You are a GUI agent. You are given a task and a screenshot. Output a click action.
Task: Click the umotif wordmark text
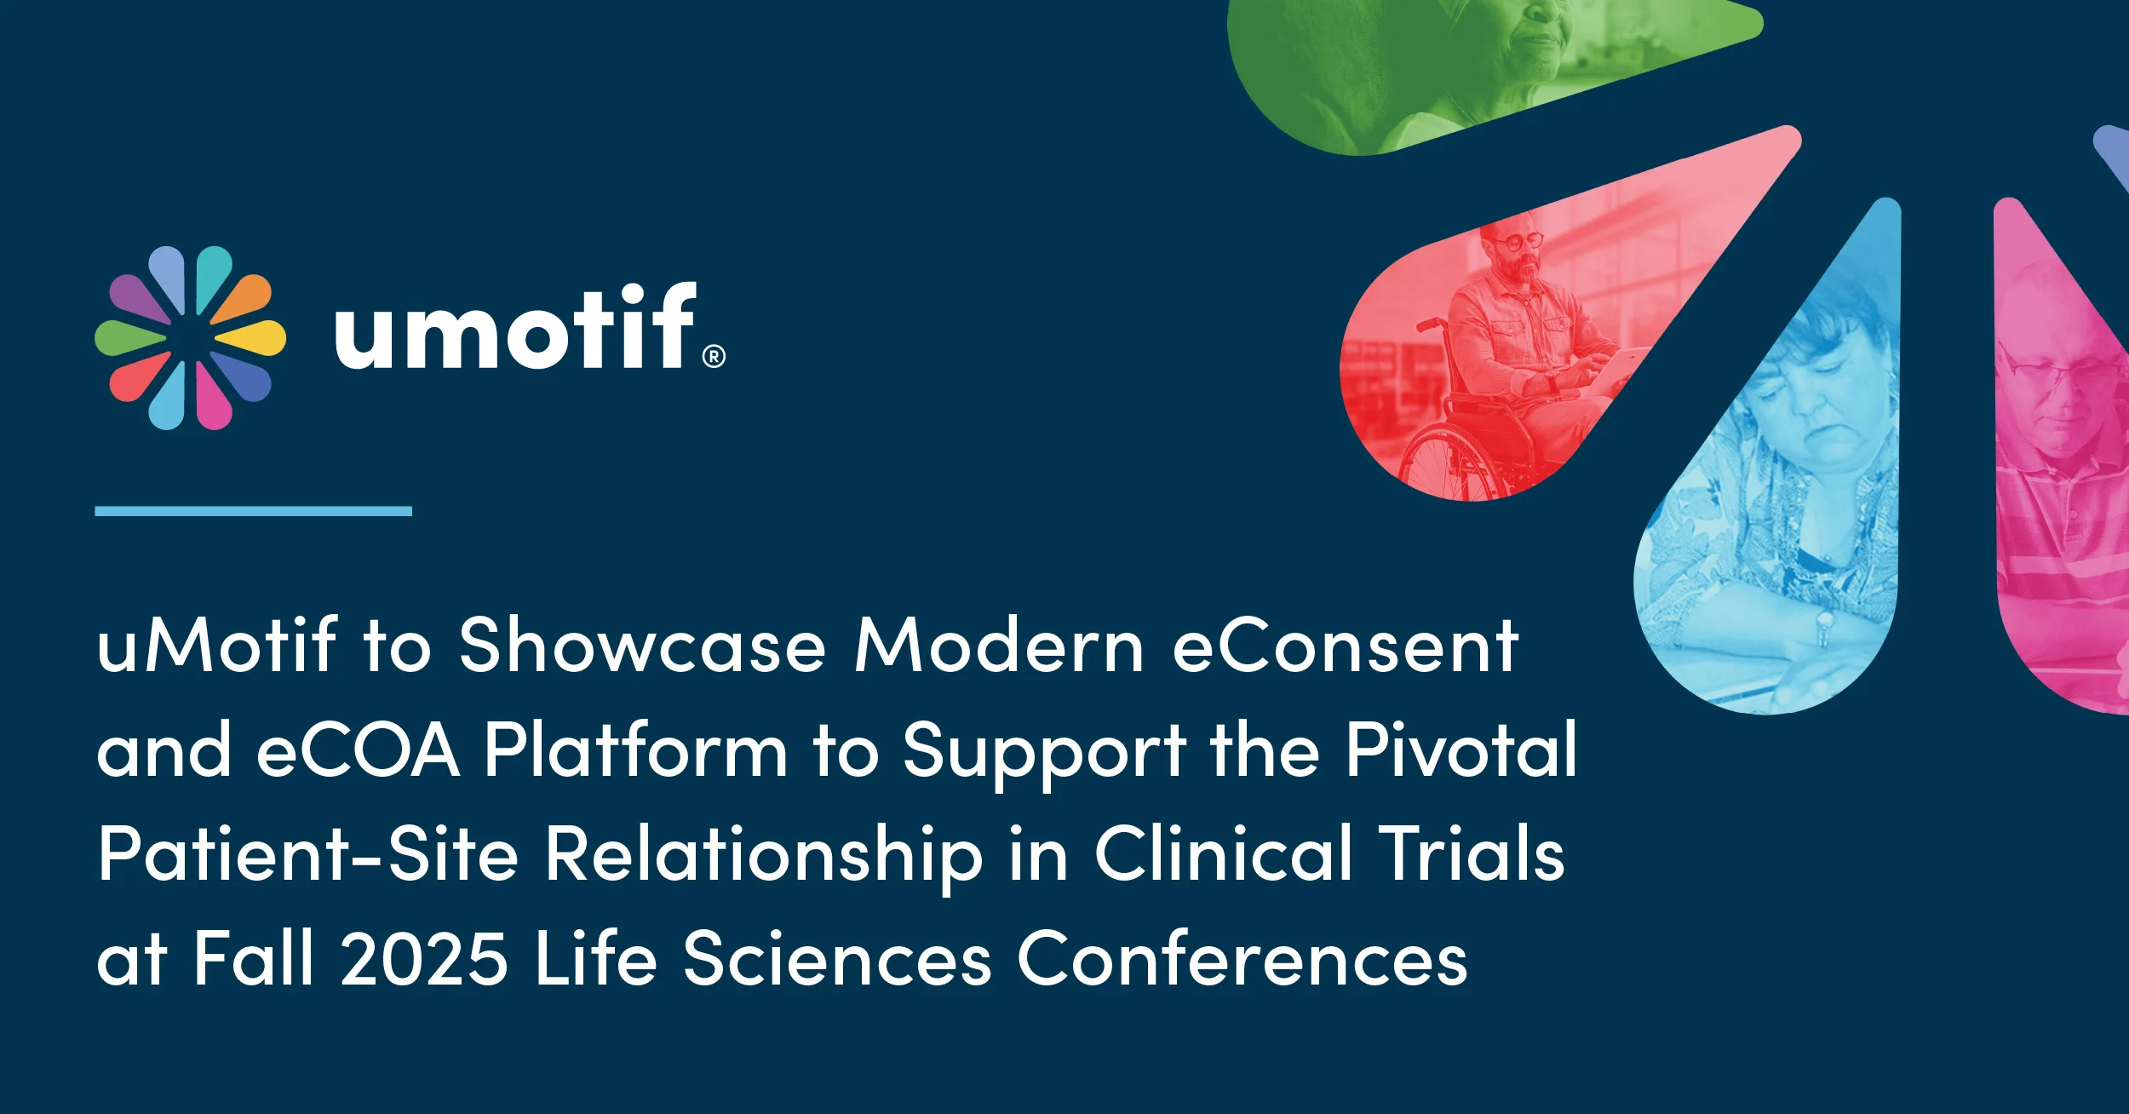pyautogui.click(x=515, y=328)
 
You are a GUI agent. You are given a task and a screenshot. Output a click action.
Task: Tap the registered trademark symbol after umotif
pyautogui.click(x=714, y=356)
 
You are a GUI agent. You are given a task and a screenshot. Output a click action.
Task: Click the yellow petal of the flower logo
pyautogui.click(x=254, y=337)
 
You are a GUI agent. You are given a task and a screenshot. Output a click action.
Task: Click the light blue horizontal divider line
pyautogui.click(x=253, y=511)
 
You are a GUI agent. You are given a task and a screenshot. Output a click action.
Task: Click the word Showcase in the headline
pyautogui.click(x=642, y=646)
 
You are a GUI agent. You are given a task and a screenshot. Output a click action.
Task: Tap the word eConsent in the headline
pyautogui.click(x=1346, y=646)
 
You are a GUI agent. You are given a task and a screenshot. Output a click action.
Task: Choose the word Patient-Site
pyautogui.click(x=307, y=854)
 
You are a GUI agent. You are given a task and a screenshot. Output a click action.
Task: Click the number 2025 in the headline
pyautogui.click(x=424, y=959)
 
